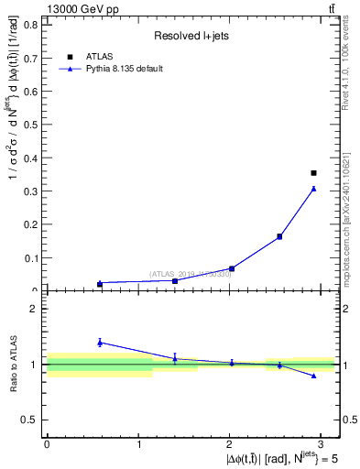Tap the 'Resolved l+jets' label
[191, 36]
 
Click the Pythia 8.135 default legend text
[125, 69]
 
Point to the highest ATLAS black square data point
[313, 172]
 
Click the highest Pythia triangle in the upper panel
[313, 189]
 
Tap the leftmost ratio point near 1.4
[100, 342]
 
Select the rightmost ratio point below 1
[313, 376]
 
